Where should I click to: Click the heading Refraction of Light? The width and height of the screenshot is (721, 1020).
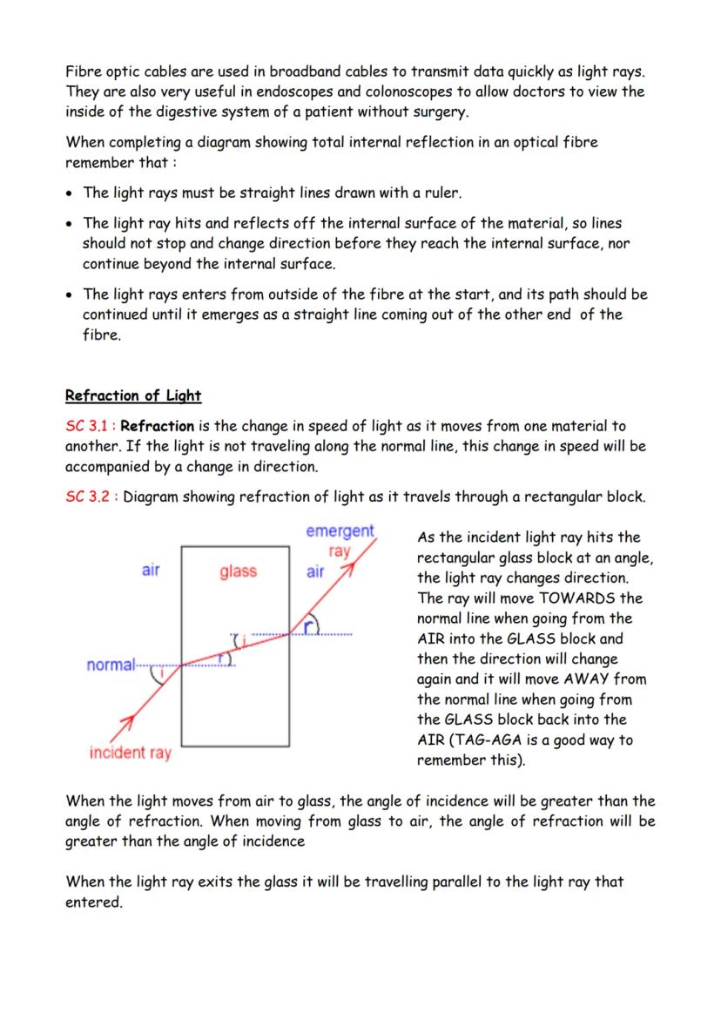point(133,395)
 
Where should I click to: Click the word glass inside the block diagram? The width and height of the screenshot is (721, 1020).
point(238,571)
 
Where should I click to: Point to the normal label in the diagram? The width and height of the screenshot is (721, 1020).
point(111,665)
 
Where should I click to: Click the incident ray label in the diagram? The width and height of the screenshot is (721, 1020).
point(131,753)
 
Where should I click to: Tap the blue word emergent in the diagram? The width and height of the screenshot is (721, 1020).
point(340,530)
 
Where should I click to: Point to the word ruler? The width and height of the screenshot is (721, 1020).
point(440,193)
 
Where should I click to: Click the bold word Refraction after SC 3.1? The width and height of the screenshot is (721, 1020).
point(158,426)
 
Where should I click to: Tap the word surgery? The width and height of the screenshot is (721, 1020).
point(439,111)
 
